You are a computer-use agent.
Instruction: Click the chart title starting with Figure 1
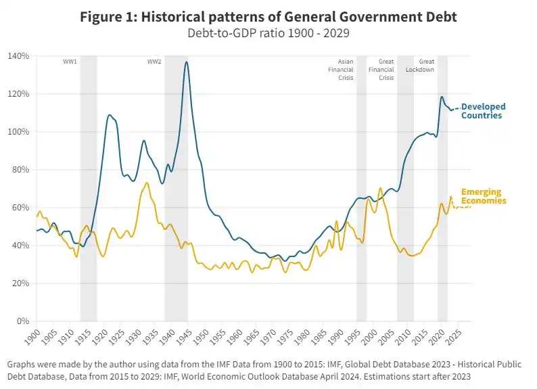(268, 17)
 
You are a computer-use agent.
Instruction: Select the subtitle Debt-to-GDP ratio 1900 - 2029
(268, 32)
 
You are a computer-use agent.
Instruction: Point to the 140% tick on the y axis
(18, 56)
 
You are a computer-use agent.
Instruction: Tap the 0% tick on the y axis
(22, 321)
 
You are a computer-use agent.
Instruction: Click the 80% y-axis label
(20, 170)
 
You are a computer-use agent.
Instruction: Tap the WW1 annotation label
(70, 62)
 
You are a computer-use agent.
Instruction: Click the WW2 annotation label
(154, 62)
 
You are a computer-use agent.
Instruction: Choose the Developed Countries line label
(483, 111)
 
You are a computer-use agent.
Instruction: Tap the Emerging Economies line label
(483, 197)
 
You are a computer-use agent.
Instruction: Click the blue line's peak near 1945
(187, 62)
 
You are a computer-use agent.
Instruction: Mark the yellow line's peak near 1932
(147, 183)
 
